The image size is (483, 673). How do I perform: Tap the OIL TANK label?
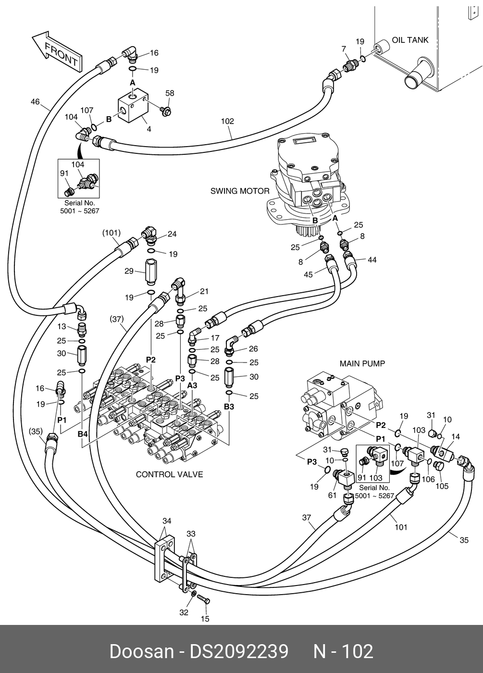coord(410,40)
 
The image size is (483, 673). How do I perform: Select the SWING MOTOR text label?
coord(240,191)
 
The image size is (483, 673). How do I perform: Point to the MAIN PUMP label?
coord(362,363)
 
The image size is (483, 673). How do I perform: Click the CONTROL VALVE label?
coord(169,474)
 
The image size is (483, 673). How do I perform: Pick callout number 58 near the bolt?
coord(170,93)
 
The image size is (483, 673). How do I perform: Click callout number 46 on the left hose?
coord(35,101)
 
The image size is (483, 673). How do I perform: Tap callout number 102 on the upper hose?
coord(227,121)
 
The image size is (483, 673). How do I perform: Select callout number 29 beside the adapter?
coord(129,271)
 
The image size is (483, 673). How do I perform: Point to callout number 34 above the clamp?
coord(167,521)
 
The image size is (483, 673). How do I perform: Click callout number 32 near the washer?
coord(184,612)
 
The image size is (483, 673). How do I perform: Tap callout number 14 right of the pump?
coord(456,436)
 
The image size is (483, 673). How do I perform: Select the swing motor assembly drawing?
coord(308,183)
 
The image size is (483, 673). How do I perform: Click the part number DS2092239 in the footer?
coord(239,651)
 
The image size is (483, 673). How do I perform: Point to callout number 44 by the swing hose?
coord(372,260)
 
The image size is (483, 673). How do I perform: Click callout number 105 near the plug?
coord(442,486)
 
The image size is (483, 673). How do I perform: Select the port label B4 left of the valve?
coord(83,434)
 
